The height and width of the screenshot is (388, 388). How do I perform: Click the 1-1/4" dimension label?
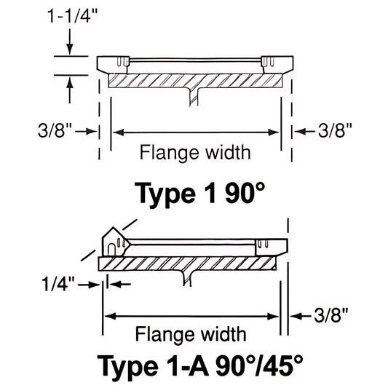point(69,16)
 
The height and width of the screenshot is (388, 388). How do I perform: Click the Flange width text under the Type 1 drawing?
point(195,153)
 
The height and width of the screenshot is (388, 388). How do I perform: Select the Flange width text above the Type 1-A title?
point(191,335)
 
